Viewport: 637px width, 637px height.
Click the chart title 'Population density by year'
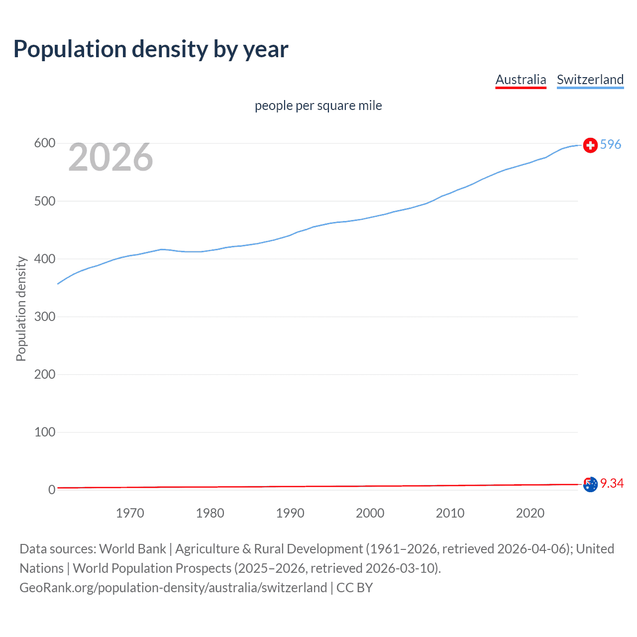point(151,49)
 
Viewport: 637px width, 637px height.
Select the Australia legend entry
point(521,80)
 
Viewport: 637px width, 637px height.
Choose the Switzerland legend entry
point(590,80)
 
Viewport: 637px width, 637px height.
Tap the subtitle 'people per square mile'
point(318,106)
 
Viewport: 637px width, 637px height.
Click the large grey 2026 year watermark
point(110,158)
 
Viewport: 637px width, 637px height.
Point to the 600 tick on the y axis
point(44,143)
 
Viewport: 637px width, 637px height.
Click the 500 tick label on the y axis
point(44,201)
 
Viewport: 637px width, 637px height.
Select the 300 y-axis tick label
point(44,317)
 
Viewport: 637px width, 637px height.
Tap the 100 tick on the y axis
point(44,432)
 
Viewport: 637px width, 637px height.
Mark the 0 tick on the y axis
point(51,490)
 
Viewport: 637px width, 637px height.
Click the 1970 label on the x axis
point(130,513)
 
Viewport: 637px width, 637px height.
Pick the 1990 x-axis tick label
point(290,513)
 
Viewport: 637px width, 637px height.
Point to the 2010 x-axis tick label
point(450,513)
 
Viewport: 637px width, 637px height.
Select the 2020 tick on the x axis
point(530,513)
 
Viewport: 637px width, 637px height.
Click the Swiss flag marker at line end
point(590,145)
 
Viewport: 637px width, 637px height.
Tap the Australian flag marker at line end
point(590,484)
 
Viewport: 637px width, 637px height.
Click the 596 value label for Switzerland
point(611,144)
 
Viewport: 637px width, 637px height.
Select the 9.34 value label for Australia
point(612,483)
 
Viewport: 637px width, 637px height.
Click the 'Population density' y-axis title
point(21,309)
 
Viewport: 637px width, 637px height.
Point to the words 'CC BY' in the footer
point(354,588)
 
